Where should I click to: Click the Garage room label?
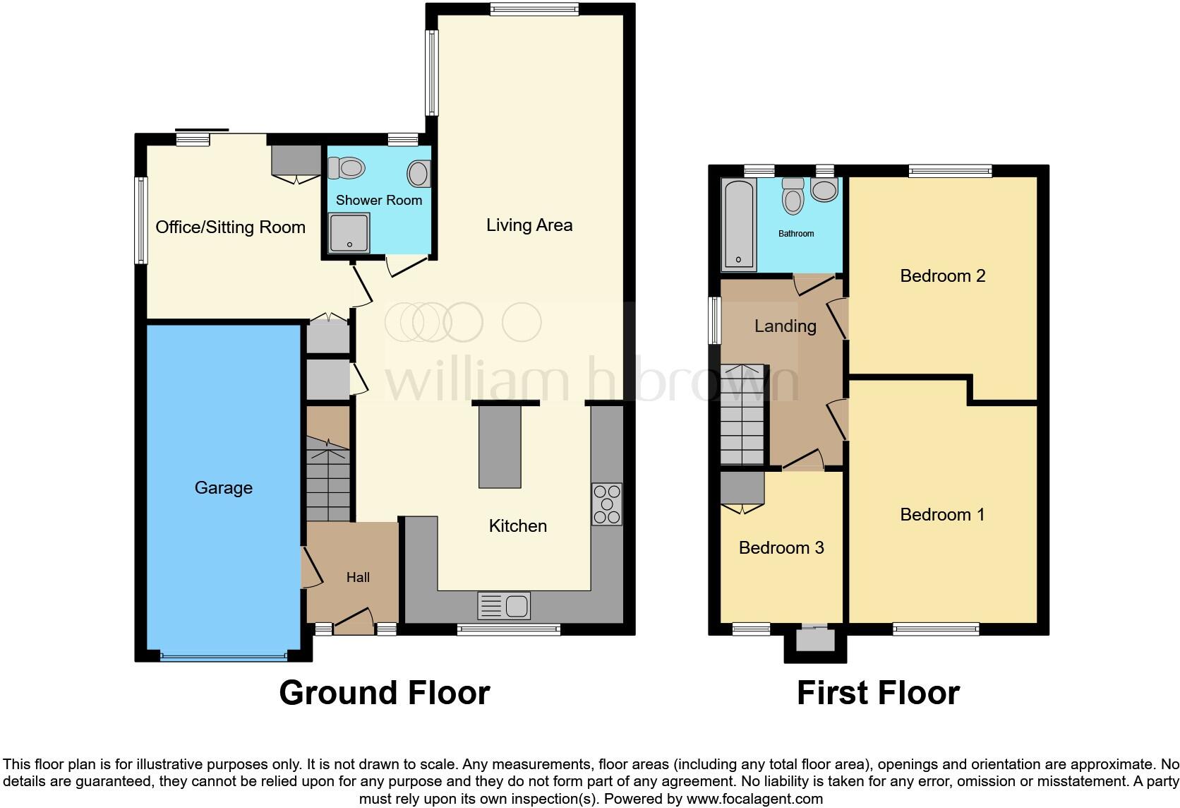[223, 488]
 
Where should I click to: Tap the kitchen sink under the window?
[504, 606]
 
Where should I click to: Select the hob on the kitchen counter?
[606, 504]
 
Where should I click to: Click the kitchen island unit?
[500, 447]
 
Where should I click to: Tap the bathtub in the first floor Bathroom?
[738, 225]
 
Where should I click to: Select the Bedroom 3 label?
[781, 548]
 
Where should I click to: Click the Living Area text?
[529, 225]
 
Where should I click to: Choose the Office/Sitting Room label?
[230, 227]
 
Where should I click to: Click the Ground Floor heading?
[384, 693]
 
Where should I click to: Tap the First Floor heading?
[878, 693]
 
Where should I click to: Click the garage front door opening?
[223, 657]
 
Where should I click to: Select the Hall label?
[358, 578]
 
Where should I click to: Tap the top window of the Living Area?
[534, 9]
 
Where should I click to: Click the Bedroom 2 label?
[942, 276]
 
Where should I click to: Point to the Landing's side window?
[715, 320]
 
